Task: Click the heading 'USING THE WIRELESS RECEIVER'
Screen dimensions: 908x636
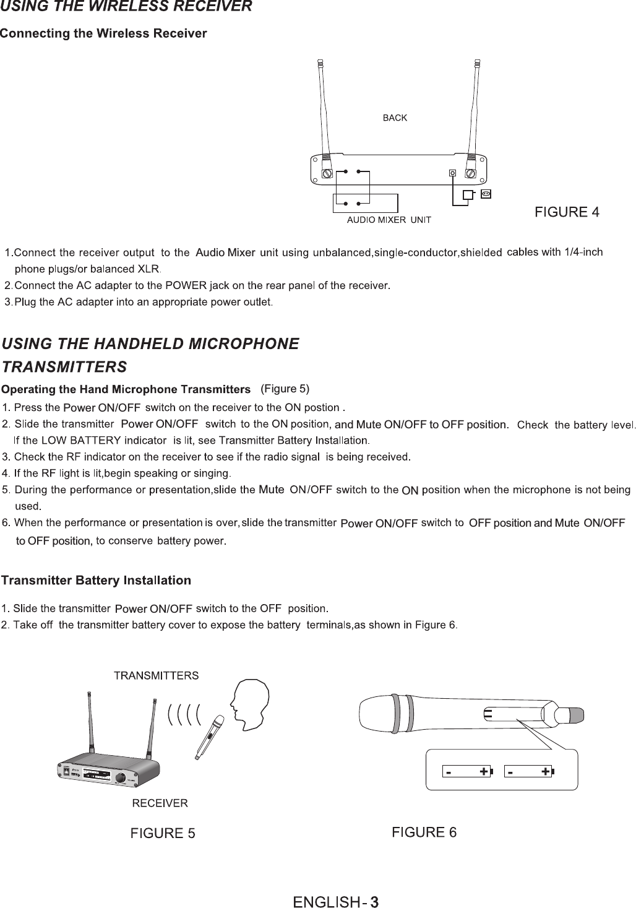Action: (x=126, y=7)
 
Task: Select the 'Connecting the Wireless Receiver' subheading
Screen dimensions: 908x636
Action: (x=103, y=33)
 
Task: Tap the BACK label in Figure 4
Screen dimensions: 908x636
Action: (x=395, y=118)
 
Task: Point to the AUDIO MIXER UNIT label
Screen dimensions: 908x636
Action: (x=389, y=220)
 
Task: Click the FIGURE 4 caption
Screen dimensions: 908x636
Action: (x=567, y=212)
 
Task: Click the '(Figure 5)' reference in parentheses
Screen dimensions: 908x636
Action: (x=285, y=389)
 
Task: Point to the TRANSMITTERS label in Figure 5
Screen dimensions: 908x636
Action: (x=156, y=675)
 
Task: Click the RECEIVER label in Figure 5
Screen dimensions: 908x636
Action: (x=160, y=803)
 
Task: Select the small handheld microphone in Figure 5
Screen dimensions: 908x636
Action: (x=209, y=737)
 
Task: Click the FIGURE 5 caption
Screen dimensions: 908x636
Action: (x=163, y=833)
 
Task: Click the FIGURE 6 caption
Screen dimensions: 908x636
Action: (x=424, y=832)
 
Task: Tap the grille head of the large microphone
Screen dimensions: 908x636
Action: (x=380, y=714)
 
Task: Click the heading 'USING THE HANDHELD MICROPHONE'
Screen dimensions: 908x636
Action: (x=151, y=343)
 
